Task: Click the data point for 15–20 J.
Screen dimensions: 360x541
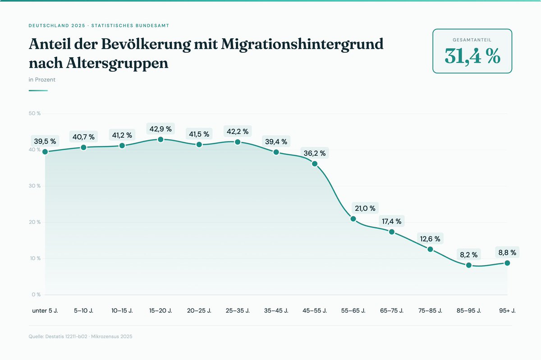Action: point(160,139)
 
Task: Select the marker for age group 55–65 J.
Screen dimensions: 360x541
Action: point(353,219)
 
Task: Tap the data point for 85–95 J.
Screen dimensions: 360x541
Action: point(469,265)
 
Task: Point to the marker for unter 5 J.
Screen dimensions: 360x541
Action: point(45,152)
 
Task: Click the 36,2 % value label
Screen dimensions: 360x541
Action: point(315,153)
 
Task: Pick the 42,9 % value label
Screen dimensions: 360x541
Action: point(160,129)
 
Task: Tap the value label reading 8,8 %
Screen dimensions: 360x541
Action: point(507,252)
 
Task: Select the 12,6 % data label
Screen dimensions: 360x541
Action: point(430,239)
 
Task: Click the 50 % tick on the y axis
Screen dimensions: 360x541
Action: point(35,114)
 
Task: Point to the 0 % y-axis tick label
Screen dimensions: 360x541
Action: point(36,295)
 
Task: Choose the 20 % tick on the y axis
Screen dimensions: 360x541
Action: point(35,222)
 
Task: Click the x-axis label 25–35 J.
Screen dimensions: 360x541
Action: point(238,311)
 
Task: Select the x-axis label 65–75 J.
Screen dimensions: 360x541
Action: point(392,311)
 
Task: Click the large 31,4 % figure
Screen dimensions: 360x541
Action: point(472,56)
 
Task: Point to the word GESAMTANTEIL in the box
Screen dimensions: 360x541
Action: point(472,40)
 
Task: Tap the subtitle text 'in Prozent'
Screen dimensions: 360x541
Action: point(42,80)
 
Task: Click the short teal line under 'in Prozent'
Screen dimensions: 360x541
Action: point(38,91)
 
